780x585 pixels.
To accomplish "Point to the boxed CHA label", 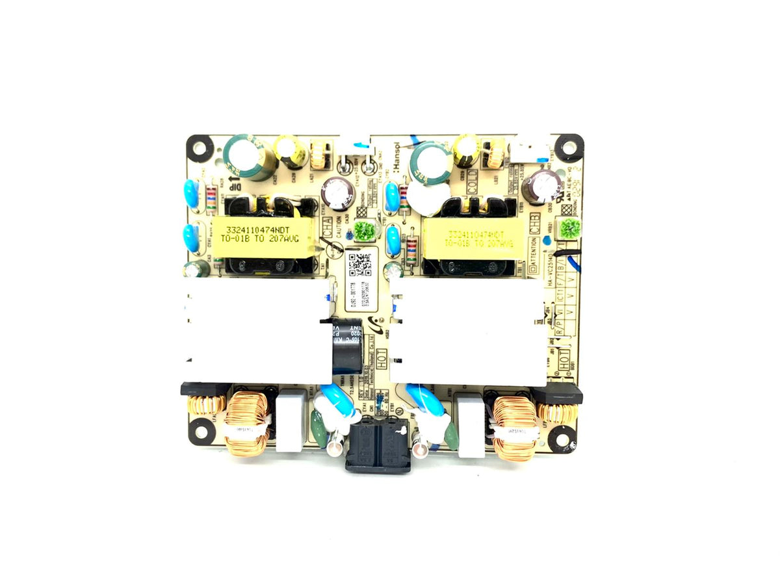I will [327, 227].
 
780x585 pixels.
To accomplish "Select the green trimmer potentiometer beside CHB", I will [570, 228].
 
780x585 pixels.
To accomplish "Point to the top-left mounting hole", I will [198, 147].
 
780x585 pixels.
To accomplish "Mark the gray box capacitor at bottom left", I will [289, 423].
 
